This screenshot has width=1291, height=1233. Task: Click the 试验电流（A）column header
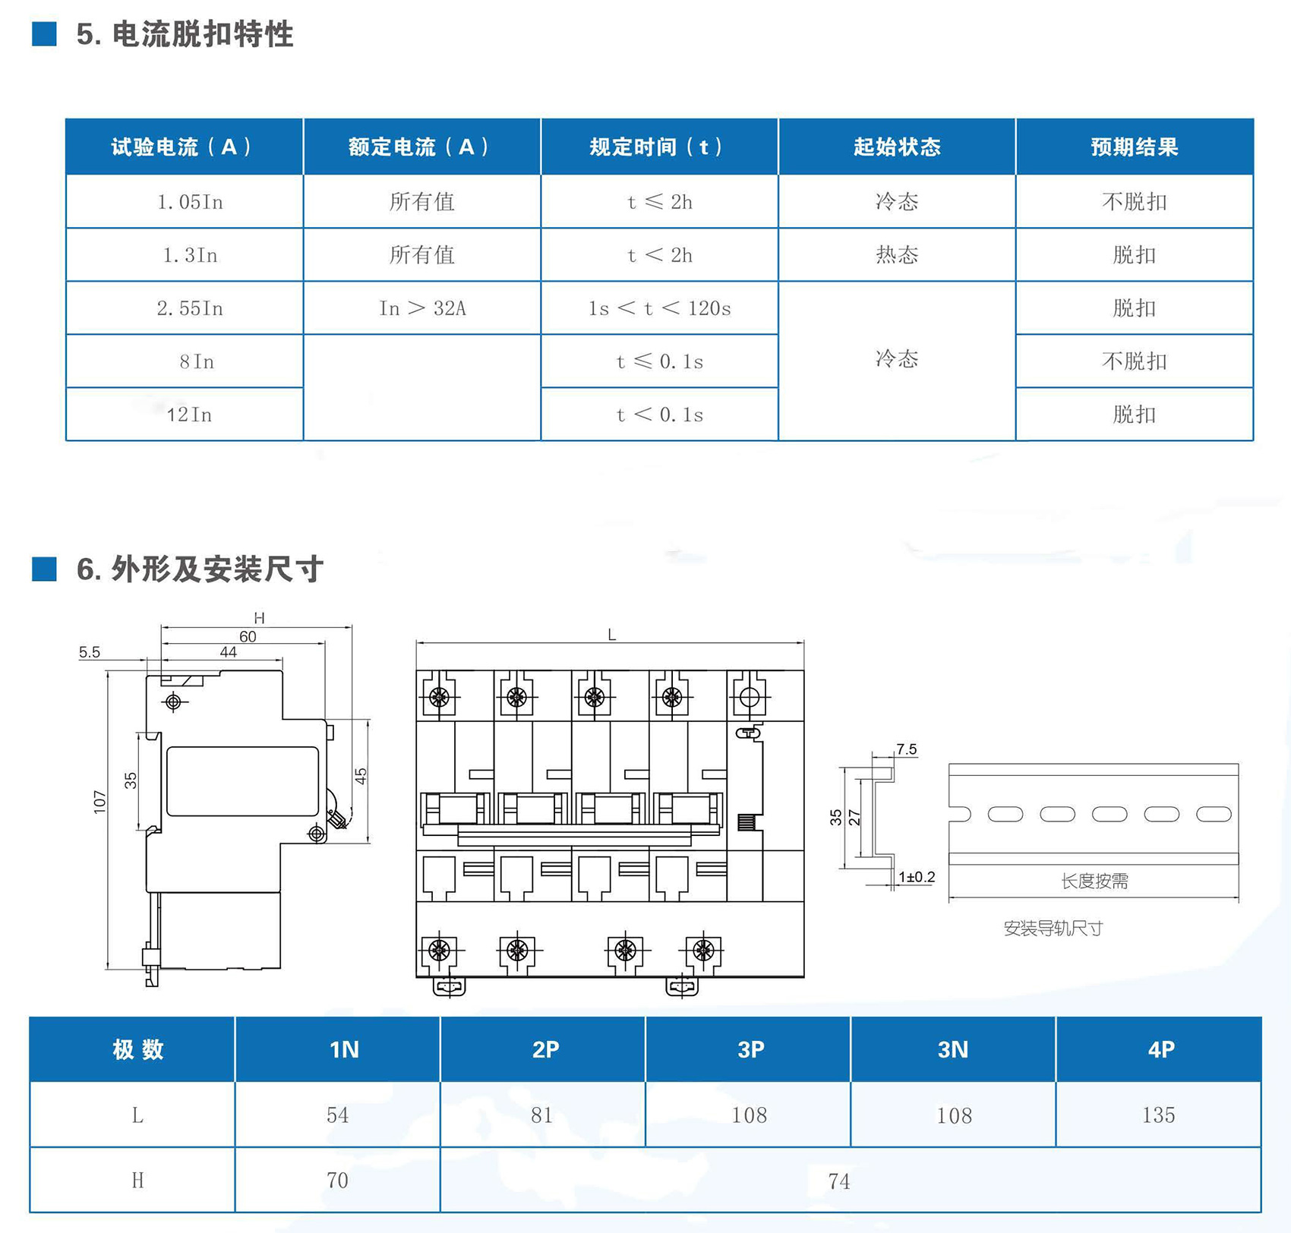[184, 147]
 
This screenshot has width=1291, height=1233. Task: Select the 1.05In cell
[190, 202]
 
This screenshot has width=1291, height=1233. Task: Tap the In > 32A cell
[422, 308]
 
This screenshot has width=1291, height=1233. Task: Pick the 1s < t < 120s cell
[659, 308]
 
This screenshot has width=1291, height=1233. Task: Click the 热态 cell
[897, 255]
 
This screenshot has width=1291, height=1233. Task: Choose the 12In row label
[189, 415]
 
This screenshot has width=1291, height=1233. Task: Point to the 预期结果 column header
[1134, 147]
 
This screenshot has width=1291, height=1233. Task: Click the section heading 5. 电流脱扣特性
[185, 35]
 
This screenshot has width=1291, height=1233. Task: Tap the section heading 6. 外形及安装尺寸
[200, 569]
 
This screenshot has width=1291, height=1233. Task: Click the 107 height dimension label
[99, 802]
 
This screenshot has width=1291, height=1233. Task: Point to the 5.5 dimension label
[90, 652]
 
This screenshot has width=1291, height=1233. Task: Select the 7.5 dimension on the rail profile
[906, 749]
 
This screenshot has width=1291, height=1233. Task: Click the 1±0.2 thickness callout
[917, 878]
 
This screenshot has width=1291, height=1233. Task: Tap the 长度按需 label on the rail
[1094, 881]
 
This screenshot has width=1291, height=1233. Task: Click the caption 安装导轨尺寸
[1053, 929]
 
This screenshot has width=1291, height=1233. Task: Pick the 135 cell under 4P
[1158, 1115]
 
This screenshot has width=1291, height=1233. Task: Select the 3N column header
[953, 1049]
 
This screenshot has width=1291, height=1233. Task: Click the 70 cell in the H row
[337, 1181]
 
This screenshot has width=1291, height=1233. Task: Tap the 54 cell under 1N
[337, 1115]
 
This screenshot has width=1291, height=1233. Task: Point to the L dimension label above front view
[612, 635]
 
